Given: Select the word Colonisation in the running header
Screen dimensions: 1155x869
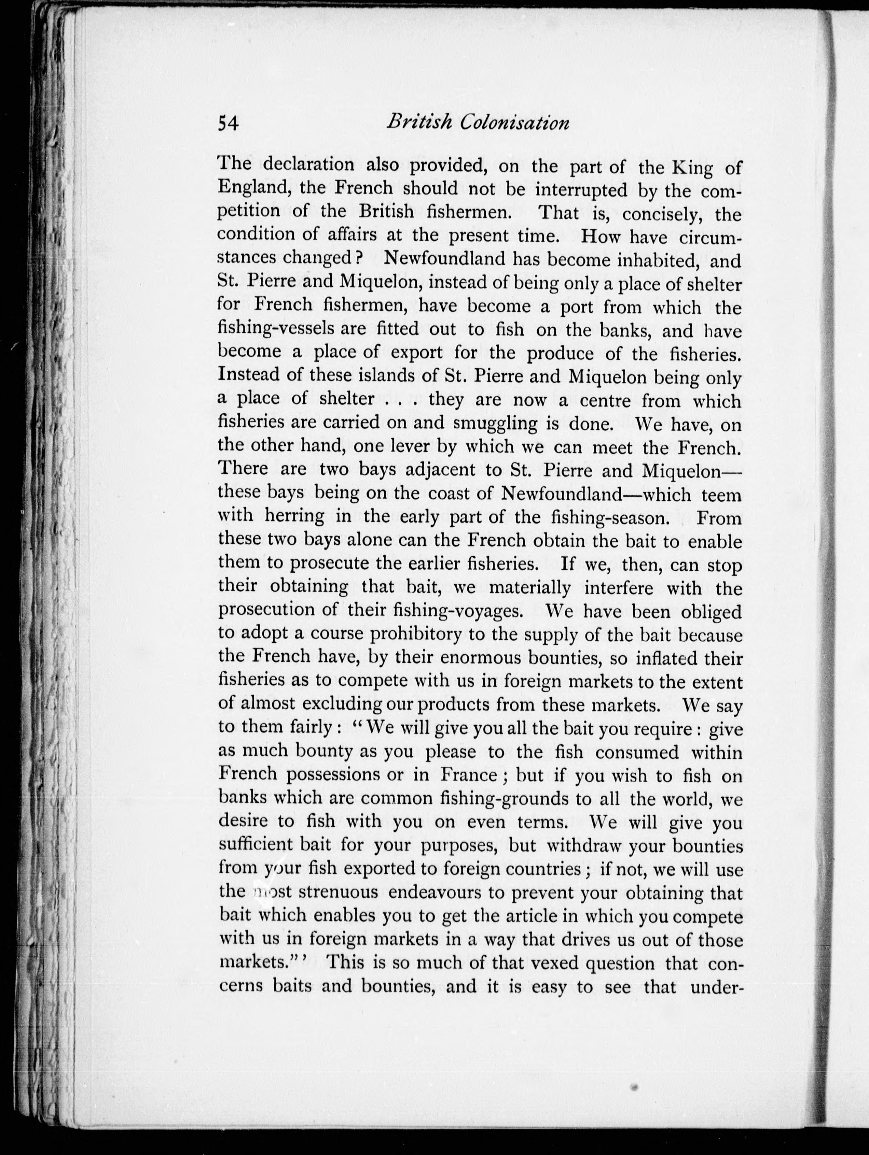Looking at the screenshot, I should (x=515, y=123).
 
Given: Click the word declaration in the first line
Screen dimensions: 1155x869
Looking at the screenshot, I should (x=308, y=165).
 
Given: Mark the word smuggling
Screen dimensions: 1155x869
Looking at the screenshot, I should (x=495, y=423).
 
